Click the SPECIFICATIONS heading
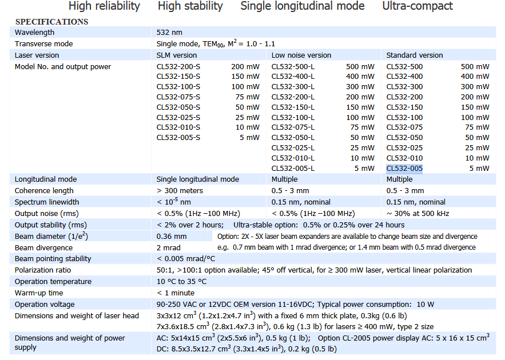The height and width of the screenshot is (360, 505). click(51, 22)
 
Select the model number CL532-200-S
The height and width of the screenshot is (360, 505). click(178, 66)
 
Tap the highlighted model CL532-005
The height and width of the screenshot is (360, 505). click(404, 168)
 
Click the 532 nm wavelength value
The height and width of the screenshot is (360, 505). click(169, 33)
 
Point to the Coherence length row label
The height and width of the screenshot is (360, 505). click(44, 190)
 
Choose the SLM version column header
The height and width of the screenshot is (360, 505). click(177, 55)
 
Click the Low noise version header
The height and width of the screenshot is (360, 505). click(301, 55)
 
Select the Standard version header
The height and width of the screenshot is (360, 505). click(415, 55)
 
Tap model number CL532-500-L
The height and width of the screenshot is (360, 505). click(293, 66)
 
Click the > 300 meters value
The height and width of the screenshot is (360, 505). click(180, 190)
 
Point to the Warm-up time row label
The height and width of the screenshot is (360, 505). click(39, 293)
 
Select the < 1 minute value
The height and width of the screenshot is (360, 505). click(176, 293)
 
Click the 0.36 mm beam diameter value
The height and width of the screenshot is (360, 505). click(172, 236)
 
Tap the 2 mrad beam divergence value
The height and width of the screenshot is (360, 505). click(169, 247)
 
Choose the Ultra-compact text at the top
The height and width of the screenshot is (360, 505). click(417, 6)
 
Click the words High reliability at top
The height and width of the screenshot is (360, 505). click(104, 6)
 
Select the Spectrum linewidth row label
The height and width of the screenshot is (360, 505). click(47, 202)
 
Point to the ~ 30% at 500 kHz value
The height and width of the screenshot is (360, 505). click(417, 213)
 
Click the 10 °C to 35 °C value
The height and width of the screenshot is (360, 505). click(181, 281)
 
